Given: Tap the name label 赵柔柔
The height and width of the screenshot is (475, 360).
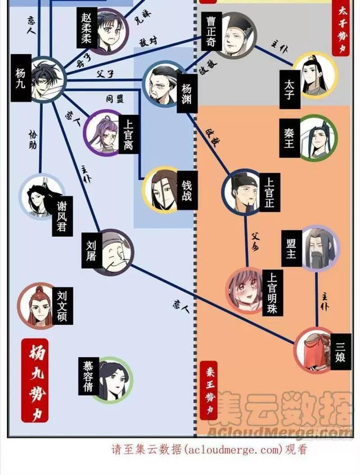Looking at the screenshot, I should (x=86, y=28).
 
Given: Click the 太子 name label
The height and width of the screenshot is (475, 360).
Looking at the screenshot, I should (x=289, y=89).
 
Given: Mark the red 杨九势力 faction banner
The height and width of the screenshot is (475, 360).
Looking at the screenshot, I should (x=34, y=380).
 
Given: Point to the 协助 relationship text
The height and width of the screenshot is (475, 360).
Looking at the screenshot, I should (x=32, y=139).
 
